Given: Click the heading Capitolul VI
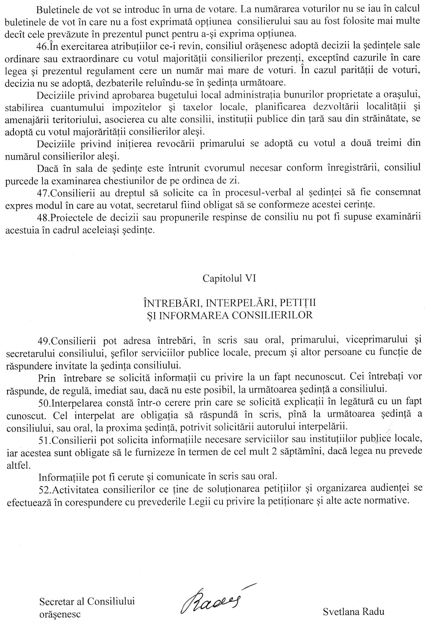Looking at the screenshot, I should click(x=229, y=278).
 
